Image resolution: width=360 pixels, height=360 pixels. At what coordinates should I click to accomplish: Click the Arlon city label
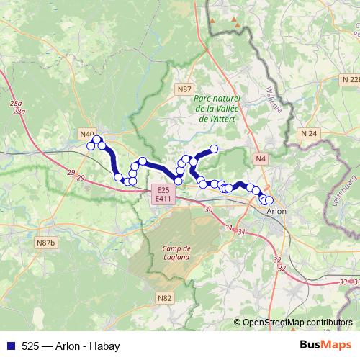(x=276, y=212)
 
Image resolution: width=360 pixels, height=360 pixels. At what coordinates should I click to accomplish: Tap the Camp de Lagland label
(x=173, y=251)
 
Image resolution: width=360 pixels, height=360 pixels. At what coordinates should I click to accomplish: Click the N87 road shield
(x=185, y=89)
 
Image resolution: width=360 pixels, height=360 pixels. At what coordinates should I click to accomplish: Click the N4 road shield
(x=260, y=158)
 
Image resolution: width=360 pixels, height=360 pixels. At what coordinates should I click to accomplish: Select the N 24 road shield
(x=309, y=133)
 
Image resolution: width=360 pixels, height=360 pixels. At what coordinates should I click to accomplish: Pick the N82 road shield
(x=165, y=297)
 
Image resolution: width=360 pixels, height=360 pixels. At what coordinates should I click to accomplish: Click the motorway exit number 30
(x=209, y=209)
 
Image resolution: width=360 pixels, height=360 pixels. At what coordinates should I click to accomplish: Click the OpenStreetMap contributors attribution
(x=297, y=322)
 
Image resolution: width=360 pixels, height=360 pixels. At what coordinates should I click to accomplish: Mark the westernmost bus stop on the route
(x=91, y=146)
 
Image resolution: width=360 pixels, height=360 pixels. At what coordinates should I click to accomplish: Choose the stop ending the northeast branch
(x=213, y=150)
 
